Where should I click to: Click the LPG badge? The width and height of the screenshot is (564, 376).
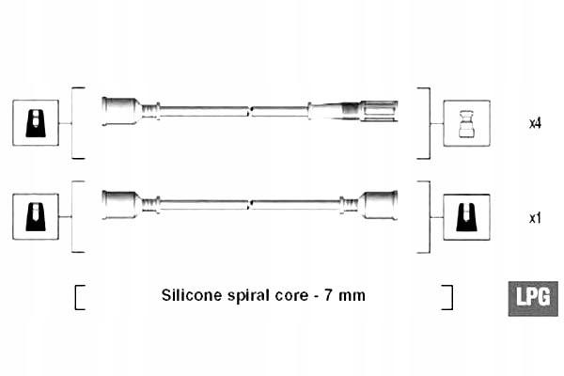tap(533, 296)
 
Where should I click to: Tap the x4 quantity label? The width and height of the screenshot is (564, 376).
tap(534, 122)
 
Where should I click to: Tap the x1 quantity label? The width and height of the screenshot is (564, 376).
tap(534, 218)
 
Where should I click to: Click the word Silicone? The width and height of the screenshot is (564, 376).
tap(192, 295)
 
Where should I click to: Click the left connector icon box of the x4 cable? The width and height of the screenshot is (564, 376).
tap(36, 122)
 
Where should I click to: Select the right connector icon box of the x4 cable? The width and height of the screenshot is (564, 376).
tap(466, 122)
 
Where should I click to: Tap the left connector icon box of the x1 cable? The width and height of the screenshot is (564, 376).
tap(36, 216)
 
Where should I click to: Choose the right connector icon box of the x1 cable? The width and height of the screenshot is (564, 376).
tap(466, 216)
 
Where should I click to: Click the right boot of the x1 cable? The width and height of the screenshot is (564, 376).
tap(378, 204)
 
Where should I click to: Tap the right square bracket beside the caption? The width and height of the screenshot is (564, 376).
tap(448, 296)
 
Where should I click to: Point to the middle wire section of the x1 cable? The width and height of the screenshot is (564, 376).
tap(249, 203)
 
